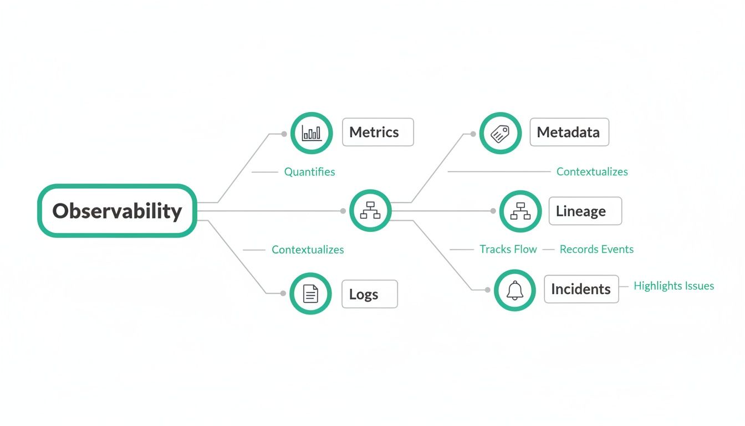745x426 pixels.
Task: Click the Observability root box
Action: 117,211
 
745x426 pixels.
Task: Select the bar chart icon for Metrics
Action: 311,133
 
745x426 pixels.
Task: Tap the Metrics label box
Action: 377,132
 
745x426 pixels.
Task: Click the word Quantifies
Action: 309,172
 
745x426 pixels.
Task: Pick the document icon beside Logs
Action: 310,293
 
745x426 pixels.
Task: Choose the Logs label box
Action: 370,294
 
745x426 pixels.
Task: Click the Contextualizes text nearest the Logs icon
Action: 308,250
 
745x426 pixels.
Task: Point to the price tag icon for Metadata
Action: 500,133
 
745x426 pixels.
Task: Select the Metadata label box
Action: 569,132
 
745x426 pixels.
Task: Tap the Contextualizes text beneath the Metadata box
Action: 592,172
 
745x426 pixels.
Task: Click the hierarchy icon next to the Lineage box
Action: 521,211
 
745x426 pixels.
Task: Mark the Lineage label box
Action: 585,211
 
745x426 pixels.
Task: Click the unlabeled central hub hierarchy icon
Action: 370,211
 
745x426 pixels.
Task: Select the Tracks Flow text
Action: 508,250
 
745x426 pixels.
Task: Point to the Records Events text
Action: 596,250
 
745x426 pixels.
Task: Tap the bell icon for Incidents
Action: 515,290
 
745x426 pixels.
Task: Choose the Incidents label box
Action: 581,289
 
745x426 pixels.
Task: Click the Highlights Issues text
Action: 673,286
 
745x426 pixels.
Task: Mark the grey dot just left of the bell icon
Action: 488,290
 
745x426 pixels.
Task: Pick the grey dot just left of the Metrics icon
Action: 284,134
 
